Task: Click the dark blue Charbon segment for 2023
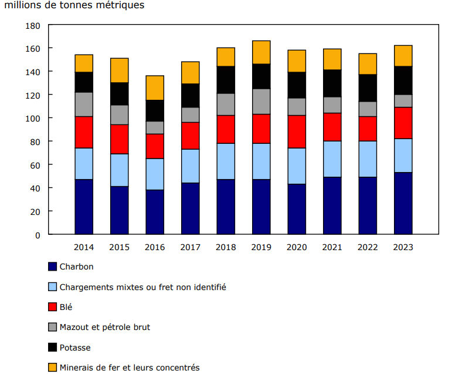(403, 203)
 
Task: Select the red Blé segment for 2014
(84, 132)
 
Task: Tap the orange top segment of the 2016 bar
(155, 87)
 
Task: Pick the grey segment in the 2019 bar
(261, 102)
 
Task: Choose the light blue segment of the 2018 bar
(226, 161)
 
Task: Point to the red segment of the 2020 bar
(297, 132)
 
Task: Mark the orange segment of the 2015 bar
(120, 70)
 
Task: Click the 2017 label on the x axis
(190, 247)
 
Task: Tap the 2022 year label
(368, 247)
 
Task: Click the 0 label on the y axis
(38, 235)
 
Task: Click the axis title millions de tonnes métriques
(74, 5)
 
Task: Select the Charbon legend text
(76, 267)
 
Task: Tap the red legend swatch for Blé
(53, 307)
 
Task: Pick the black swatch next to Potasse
(53, 348)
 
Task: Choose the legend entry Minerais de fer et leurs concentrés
(129, 368)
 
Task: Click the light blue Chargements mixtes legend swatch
(53, 287)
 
